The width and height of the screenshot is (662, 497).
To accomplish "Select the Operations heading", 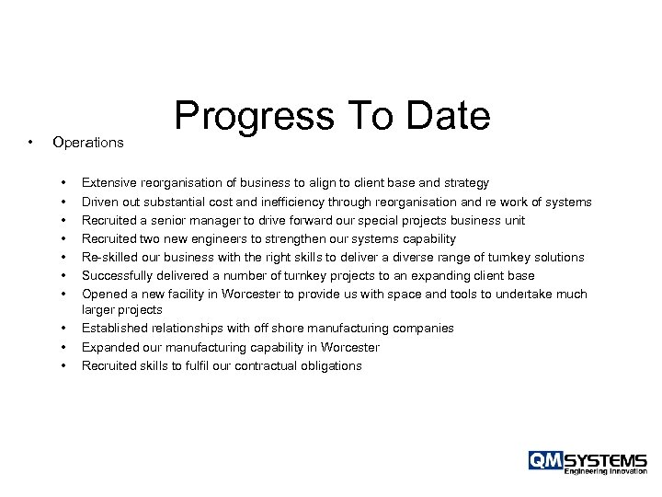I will (x=88, y=143).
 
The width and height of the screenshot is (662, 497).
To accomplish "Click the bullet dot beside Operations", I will (x=31, y=143).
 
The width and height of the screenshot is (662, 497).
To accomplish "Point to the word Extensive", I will (x=108, y=183).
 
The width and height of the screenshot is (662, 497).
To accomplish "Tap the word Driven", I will (x=100, y=202).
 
